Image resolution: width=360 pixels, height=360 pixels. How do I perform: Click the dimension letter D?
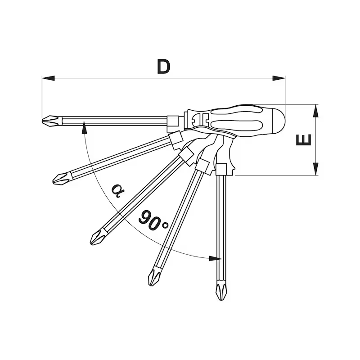pos(164,67)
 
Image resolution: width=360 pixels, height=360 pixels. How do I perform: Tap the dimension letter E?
pos(303,140)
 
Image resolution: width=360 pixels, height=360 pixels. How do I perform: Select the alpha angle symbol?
pos(118,191)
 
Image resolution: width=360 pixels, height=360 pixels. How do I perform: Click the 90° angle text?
pos(153,221)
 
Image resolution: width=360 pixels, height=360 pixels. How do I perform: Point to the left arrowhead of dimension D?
pos(48,78)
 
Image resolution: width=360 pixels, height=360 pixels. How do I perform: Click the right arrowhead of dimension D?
pos(279,78)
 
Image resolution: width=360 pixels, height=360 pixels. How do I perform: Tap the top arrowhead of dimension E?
pos(316,111)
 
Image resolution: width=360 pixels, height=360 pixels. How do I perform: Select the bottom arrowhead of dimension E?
pos(316,169)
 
